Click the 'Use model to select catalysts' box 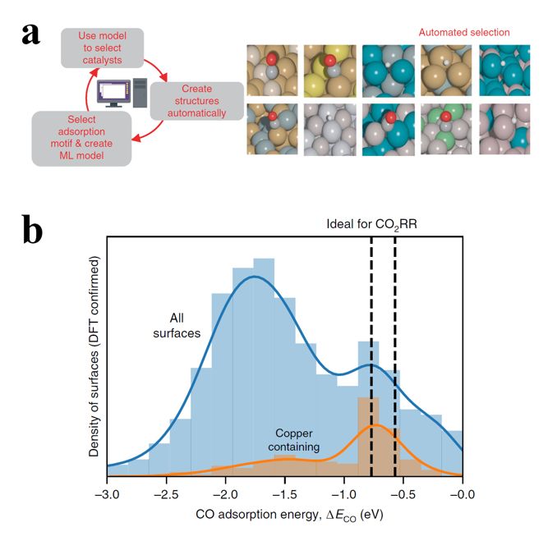coord(102,48)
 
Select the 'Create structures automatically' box coord(196,101)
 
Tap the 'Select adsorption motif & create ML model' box coord(81,138)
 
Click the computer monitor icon coord(114,93)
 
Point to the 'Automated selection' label coord(464,33)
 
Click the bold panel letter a coord(31,35)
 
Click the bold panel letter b coord(33,229)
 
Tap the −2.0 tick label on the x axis coord(225,494)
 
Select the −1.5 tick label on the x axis coord(284,494)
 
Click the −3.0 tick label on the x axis coord(107,494)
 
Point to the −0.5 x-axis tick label coord(403,494)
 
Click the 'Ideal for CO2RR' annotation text coord(371,224)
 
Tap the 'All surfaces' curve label coord(177,326)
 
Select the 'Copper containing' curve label coord(293,440)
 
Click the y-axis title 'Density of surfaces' coord(94,356)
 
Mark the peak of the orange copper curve coord(375,424)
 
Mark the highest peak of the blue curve coord(255,277)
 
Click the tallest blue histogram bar coord(264,367)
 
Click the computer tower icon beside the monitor coord(140,93)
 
